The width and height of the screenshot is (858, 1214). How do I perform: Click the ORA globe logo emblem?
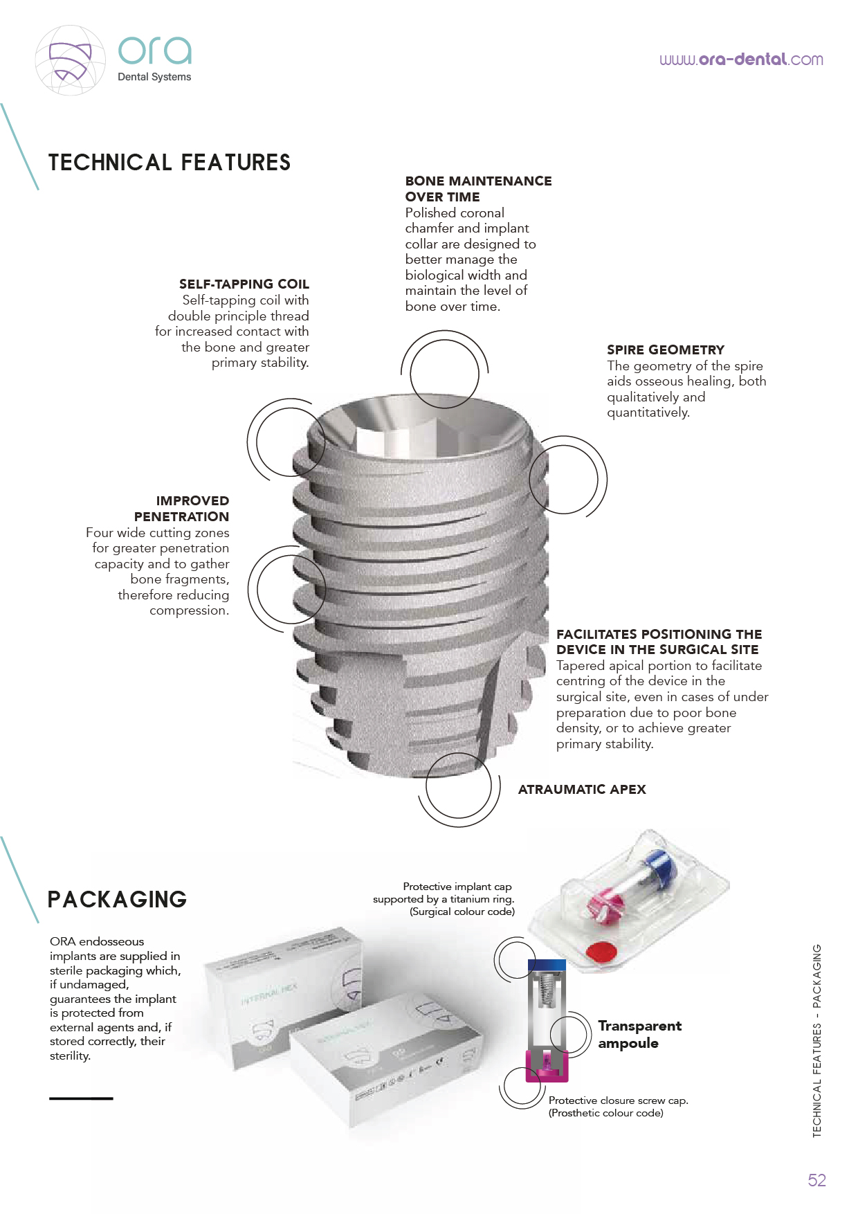click(x=70, y=61)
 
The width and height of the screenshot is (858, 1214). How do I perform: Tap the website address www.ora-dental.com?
click(x=741, y=60)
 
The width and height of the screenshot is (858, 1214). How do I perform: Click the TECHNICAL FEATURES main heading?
click(x=170, y=163)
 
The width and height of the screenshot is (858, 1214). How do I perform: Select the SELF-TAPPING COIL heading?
click(x=244, y=284)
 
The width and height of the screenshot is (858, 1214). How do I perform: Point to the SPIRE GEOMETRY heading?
click(x=666, y=350)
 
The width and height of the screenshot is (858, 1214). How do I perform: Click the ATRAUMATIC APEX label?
click(x=582, y=789)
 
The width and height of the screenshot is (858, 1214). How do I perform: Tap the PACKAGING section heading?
click(x=117, y=899)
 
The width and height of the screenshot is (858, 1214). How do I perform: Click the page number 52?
click(x=816, y=1180)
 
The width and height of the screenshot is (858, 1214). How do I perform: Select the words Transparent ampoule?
click(x=639, y=1034)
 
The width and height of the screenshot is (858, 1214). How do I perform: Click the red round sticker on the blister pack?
click(x=601, y=952)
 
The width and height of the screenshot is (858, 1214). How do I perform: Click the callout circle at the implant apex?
click(x=459, y=786)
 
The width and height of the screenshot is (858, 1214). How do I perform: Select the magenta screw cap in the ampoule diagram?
click(x=547, y=1067)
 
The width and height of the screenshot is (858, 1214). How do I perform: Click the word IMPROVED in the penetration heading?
click(x=192, y=500)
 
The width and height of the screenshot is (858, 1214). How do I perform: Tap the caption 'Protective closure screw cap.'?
click(x=618, y=1100)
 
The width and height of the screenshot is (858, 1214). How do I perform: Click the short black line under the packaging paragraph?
click(x=81, y=1098)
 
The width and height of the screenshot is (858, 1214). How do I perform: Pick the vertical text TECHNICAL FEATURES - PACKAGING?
click(x=816, y=1040)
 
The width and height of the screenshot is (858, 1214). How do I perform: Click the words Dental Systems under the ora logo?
click(x=154, y=77)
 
